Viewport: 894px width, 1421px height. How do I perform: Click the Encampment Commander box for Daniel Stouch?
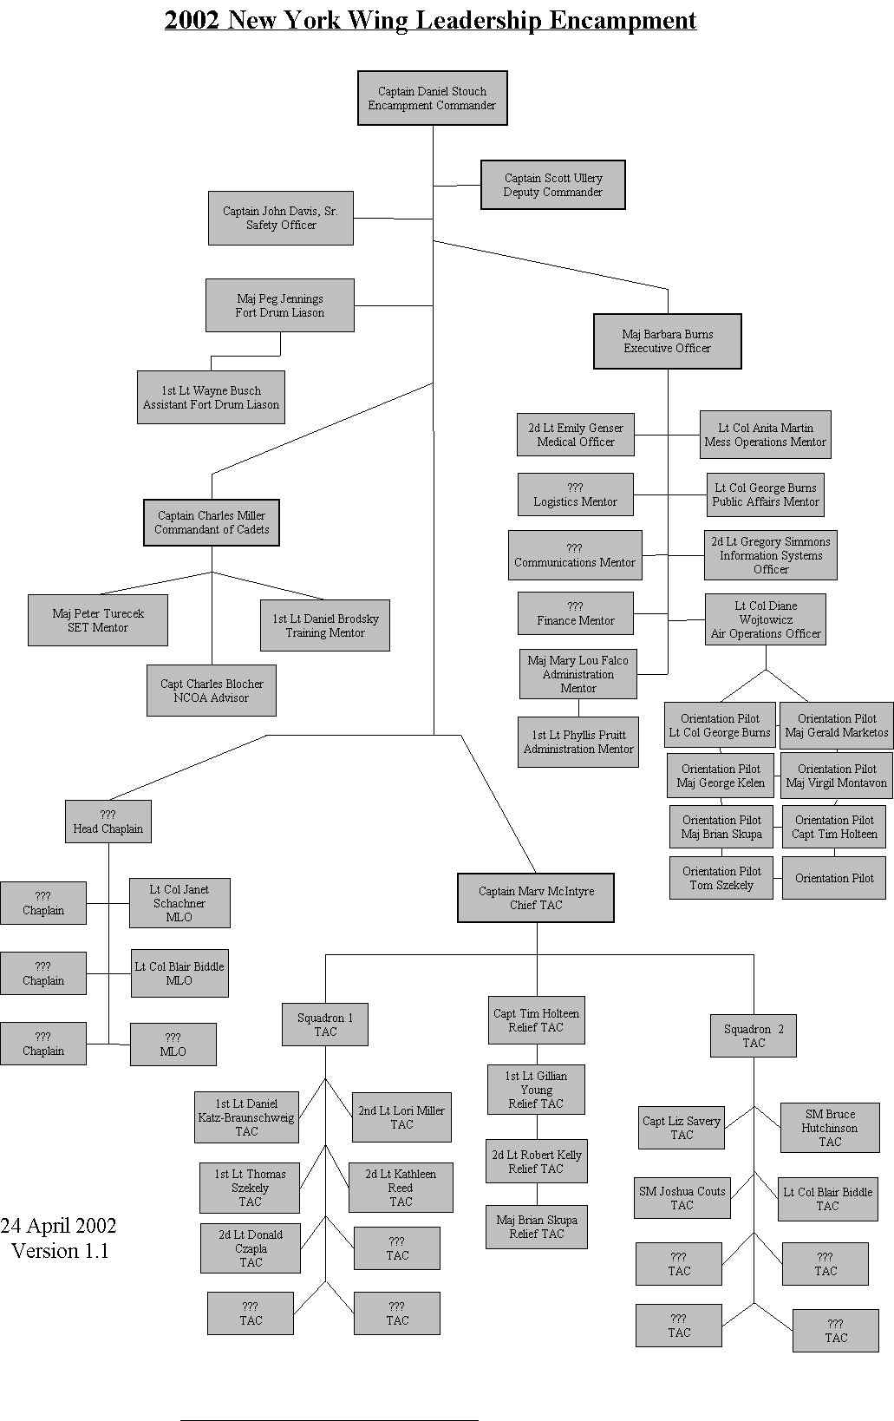[432, 98]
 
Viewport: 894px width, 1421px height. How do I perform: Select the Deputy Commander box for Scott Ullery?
[552, 185]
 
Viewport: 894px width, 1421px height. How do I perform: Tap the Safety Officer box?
[280, 218]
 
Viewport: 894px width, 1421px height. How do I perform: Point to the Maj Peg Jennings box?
[279, 305]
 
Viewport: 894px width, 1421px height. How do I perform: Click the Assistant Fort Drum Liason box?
[211, 397]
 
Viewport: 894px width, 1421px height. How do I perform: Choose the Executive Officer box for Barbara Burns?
[667, 341]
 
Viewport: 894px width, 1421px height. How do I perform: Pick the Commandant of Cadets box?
[212, 522]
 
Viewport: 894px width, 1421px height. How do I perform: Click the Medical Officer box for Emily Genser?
[575, 435]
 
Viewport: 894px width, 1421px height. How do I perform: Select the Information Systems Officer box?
[770, 555]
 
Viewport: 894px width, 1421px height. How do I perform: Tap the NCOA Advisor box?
[211, 691]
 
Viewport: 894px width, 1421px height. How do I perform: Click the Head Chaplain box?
[108, 822]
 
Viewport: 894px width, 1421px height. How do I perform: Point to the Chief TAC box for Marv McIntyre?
[536, 898]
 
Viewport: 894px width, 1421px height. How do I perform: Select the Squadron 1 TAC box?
[325, 1025]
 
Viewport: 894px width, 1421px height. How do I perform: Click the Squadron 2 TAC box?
[753, 1036]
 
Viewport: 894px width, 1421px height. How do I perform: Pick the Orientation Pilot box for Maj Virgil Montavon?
[836, 776]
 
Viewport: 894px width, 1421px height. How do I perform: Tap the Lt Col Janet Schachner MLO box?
[179, 903]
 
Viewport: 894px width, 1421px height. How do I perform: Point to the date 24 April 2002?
[58, 1226]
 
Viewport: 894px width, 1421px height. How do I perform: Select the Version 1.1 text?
[60, 1251]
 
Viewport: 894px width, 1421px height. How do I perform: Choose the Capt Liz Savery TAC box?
[681, 1128]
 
